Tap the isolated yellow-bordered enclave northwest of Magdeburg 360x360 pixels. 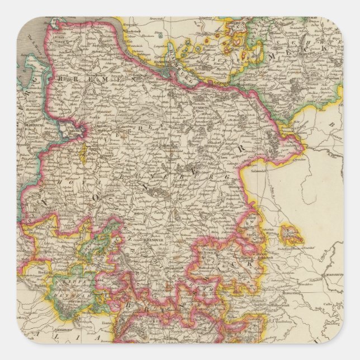pos(290,234)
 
